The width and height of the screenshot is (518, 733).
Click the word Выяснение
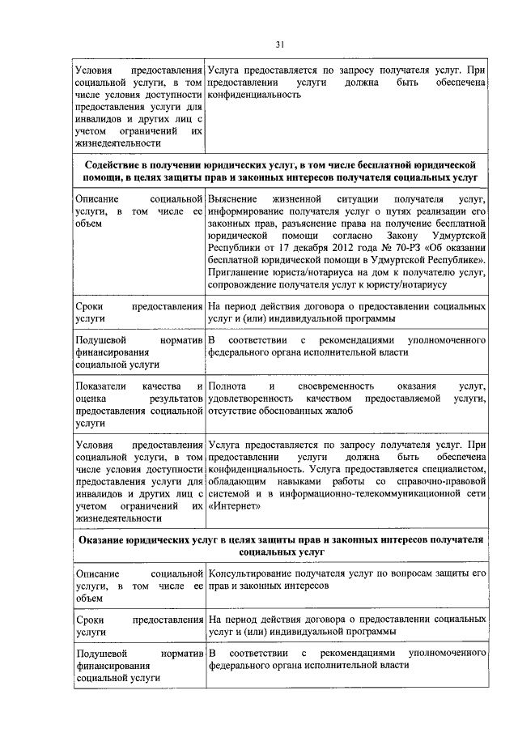232,198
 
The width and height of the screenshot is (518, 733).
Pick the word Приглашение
240,271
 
